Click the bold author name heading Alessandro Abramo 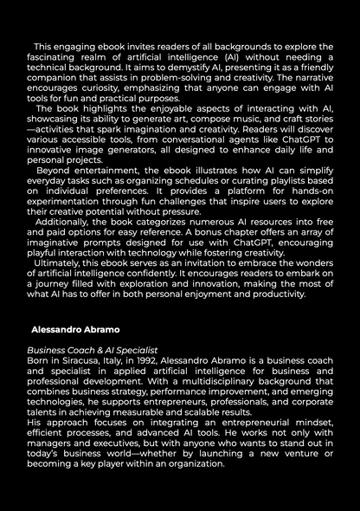tap(74, 330)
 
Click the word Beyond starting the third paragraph tap(55, 171)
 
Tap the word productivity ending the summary tap(274, 294)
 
